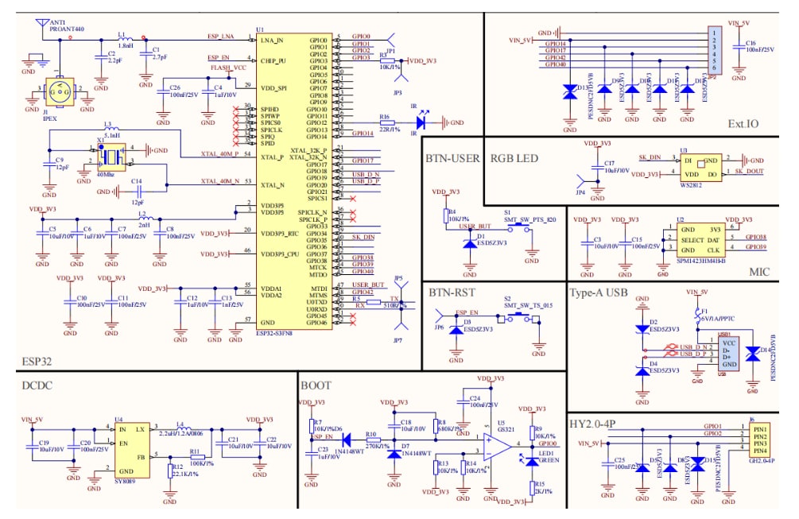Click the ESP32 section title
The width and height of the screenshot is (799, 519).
tap(37, 362)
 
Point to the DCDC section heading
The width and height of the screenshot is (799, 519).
tap(41, 385)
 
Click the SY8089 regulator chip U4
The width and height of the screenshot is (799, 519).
tap(130, 448)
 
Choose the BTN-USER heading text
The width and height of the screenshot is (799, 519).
tap(452, 158)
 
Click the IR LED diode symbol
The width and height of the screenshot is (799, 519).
tap(422, 123)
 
